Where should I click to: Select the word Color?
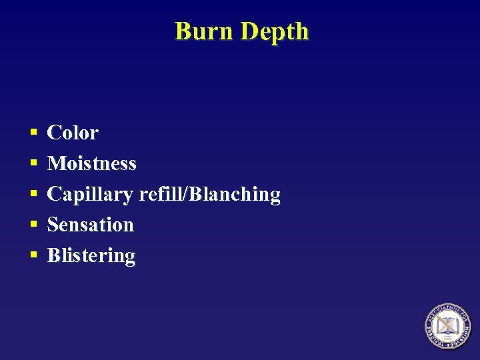(73, 133)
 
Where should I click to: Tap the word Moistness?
(92, 163)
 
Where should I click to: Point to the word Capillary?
(90, 195)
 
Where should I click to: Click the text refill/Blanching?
(209, 195)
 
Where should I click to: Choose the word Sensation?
(91, 225)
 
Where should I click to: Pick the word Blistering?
(91, 256)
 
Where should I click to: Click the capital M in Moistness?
(55, 163)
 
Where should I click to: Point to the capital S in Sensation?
(53, 225)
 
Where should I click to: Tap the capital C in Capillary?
(54, 194)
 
